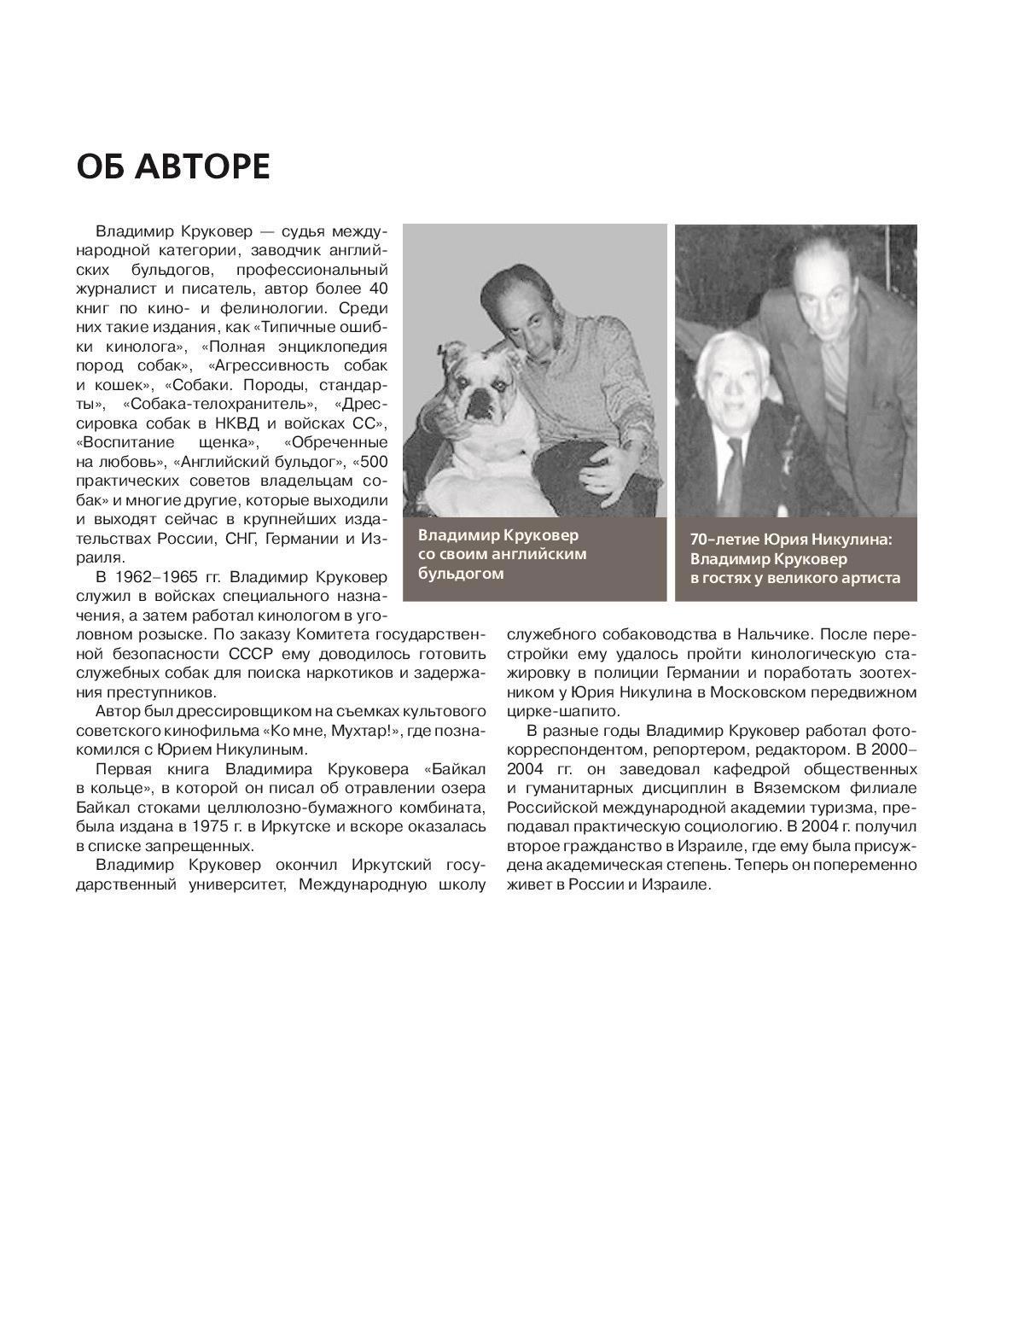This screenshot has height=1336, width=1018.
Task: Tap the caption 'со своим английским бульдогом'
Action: pyautogui.click(x=502, y=563)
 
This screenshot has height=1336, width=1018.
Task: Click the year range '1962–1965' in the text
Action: pyautogui.click(x=160, y=577)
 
